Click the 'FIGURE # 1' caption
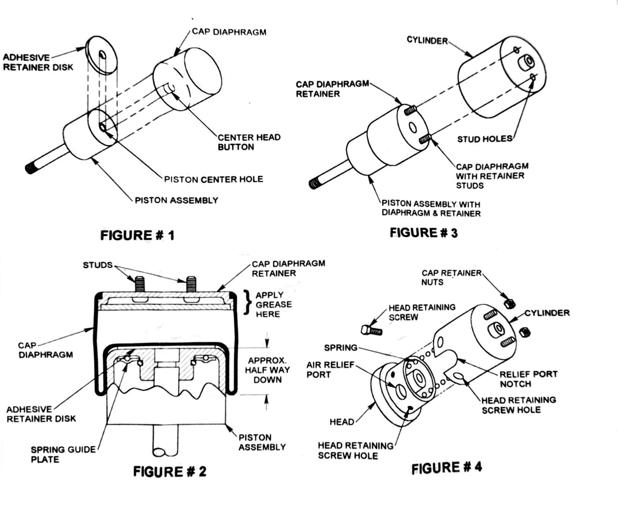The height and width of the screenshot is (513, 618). click(138, 235)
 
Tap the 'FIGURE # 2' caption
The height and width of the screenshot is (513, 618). click(170, 471)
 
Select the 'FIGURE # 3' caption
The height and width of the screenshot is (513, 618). click(424, 232)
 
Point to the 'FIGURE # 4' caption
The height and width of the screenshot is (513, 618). click(447, 468)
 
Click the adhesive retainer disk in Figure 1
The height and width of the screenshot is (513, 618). click(101, 55)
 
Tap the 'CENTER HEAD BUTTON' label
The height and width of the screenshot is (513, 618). click(249, 142)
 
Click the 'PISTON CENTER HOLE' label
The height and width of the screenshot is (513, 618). click(214, 179)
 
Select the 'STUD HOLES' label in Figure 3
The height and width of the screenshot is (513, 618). click(484, 139)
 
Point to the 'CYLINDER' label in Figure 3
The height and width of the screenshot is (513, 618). click(427, 41)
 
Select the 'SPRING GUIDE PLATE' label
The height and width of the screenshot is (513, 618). click(63, 454)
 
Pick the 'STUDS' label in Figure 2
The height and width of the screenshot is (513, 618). click(98, 265)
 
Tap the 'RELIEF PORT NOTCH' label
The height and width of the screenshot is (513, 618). click(528, 379)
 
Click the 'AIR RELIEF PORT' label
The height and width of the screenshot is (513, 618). click(330, 369)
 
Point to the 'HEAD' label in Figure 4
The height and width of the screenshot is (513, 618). click(342, 422)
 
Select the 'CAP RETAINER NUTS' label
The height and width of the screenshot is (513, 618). click(451, 277)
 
